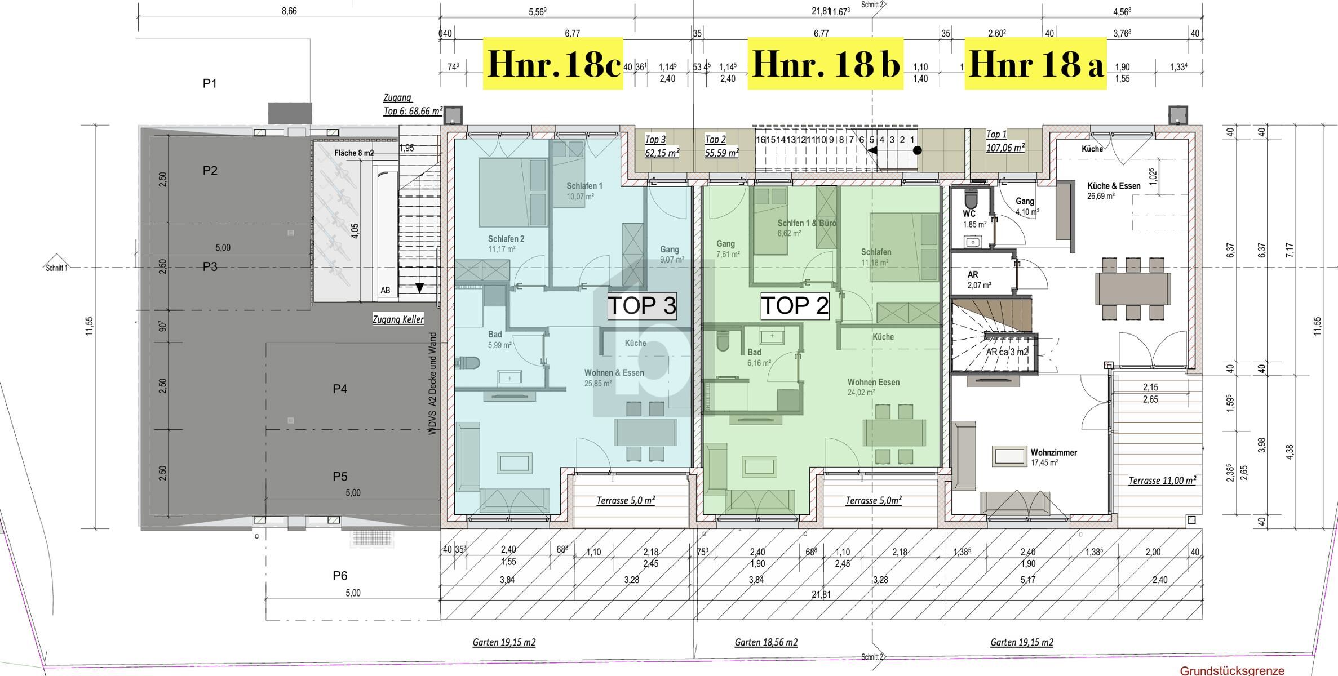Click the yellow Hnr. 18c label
click(x=553, y=64)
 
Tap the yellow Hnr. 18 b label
click(x=825, y=64)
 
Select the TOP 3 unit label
click(x=641, y=306)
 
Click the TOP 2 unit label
click(x=795, y=306)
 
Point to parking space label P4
click(x=340, y=389)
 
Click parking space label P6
click(x=340, y=576)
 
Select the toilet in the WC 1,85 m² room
click(x=971, y=198)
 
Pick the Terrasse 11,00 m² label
click(x=1162, y=481)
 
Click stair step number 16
click(x=760, y=140)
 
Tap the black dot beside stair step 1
click(x=917, y=150)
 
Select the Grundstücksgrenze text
click(x=1232, y=670)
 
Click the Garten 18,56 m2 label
click(x=766, y=642)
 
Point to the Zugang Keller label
click(x=398, y=319)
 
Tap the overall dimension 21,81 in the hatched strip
click(x=821, y=594)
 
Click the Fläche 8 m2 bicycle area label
click(x=353, y=153)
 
